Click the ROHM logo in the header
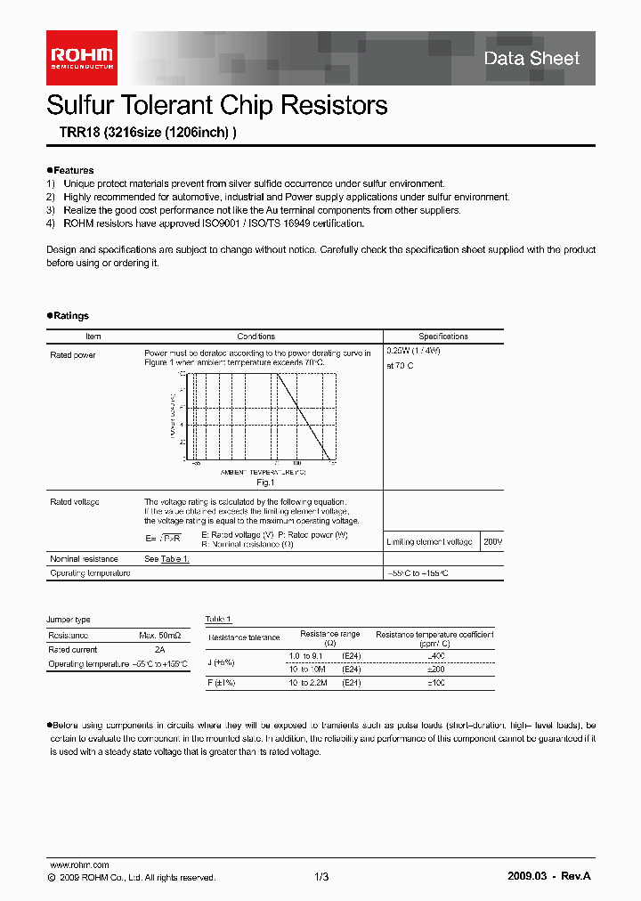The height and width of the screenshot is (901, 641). click(81, 58)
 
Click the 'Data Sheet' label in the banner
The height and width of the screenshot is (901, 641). click(531, 59)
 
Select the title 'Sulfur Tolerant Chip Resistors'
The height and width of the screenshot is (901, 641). click(216, 105)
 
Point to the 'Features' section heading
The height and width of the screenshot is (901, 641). click(73, 170)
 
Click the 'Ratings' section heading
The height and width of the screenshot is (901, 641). click(70, 316)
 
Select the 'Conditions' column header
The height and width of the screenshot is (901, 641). click(256, 337)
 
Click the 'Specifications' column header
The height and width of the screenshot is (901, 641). click(442, 337)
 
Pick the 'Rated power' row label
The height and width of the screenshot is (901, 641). click(73, 354)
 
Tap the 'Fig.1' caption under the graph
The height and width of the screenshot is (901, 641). click(264, 482)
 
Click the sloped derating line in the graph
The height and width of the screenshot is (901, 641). click(303, 414)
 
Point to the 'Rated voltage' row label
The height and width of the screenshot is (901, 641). click(75, 502)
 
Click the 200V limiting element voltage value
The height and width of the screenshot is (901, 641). click(492, 541)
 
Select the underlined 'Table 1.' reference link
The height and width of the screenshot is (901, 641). click(174, 559)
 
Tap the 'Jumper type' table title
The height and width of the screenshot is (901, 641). click(69, 620)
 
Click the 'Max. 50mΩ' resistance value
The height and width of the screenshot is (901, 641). click(159, 636)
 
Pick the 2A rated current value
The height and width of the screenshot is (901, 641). click(160, 650)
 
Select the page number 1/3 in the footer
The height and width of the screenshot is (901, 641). click(321, 877)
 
